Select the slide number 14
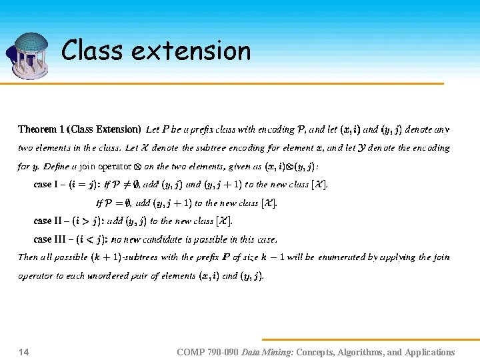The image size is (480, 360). tap(23, 352)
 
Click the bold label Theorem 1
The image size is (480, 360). tap(42, 129)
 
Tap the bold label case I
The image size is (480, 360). tap(47, 185)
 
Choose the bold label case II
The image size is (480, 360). tap(49, 221)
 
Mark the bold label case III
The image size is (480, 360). tap(50, 239)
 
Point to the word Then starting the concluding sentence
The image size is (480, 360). tap(27, 257)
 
